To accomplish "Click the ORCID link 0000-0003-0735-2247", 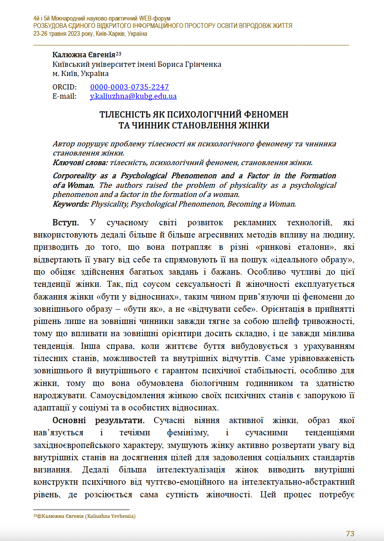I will [x=129, y=87].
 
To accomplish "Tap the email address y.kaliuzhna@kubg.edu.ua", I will [x=133, y=96].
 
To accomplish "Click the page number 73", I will [x=350, y=534].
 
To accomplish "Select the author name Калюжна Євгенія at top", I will [x=83, y=55].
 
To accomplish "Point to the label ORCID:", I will [x=64, y=87].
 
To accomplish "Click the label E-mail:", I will [x=64, y=96].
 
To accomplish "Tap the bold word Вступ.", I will [x=66, y=223].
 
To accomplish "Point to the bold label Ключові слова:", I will [x=80, y=162].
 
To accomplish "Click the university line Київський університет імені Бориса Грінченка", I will [x=137, y=64].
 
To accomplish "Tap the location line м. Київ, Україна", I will [x=80, y=73].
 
